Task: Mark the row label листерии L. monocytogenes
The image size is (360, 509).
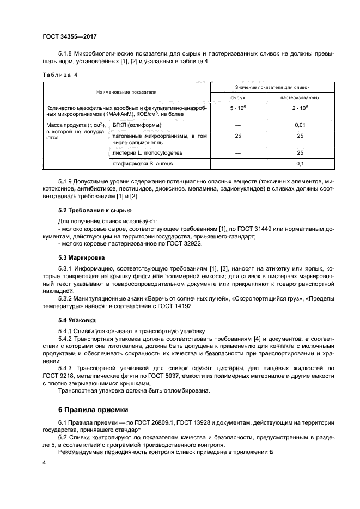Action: tap(143, 153)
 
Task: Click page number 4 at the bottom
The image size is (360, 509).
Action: tap(44, 462)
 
